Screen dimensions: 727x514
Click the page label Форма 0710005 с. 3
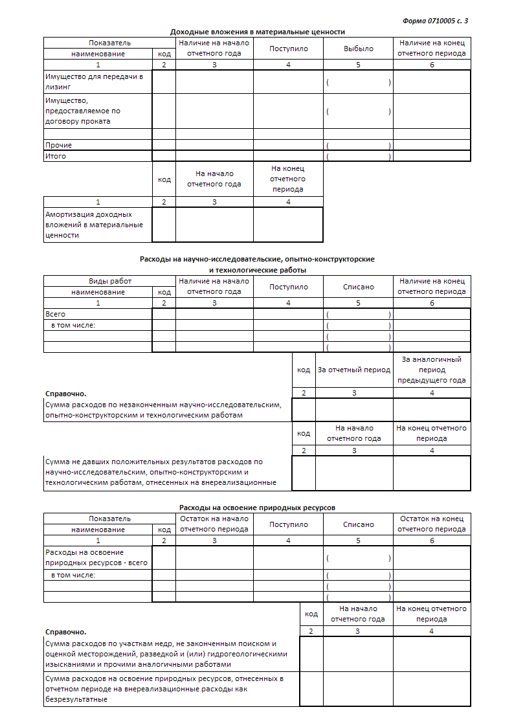pyautogui.click(x=435, y=21)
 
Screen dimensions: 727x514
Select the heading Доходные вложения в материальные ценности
pyautogui.click(x=257, y=32)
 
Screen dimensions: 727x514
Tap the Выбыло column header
pyautogui.click(x=358, y=49)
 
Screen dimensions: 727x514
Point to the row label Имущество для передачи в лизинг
pyautogui.click(x=93, y=81)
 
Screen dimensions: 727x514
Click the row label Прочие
pyautogui.click(x=59, y=145)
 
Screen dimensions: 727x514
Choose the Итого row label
pyautogui.click(x=56, y=156)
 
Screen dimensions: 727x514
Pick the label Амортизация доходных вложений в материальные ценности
pyautogui.click(x=93, y=225)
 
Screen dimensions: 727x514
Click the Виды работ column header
pyautogui.click(x=109, y=282)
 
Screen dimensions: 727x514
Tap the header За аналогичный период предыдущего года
pyautogui.click(x=432, y=370)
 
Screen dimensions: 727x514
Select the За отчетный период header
pyautogui.click(x=354, y=370)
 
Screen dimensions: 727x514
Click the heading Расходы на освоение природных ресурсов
pyautogui.click(x=257, y=508)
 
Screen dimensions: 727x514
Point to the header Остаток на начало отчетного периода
pyautogui.click(x=214, y=524)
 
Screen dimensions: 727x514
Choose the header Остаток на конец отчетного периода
pyautogui.click(x=432, y=524)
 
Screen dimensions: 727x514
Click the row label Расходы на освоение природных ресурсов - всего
pyautogui.click(x=96, y=557)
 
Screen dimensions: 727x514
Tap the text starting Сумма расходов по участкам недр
pyautogui.click(x=166, y=654)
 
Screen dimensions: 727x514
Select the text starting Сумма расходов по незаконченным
pyautogui.click(x=163, y=410)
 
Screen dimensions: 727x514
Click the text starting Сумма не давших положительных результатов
pyautogui.click(x=161, y=472)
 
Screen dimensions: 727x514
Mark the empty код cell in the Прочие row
pyautogui.click(x=164, y=145)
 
